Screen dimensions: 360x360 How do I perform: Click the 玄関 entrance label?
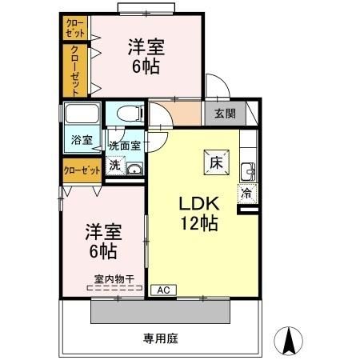point(225,114)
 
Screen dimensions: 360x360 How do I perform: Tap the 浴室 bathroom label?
point(82,140)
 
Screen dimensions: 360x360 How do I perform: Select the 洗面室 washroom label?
point(125,146)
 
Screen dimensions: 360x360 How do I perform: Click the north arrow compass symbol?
point(291,341)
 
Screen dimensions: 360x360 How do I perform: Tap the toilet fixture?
point(126,114)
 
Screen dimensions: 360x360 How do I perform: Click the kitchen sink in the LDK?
point(247,170)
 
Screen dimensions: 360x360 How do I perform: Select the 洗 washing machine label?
point(114,166)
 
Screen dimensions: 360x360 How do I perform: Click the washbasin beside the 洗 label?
point(134,168)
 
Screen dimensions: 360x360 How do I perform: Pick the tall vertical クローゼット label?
point(75,70)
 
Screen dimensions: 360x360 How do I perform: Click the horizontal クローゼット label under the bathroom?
point(82,170)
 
